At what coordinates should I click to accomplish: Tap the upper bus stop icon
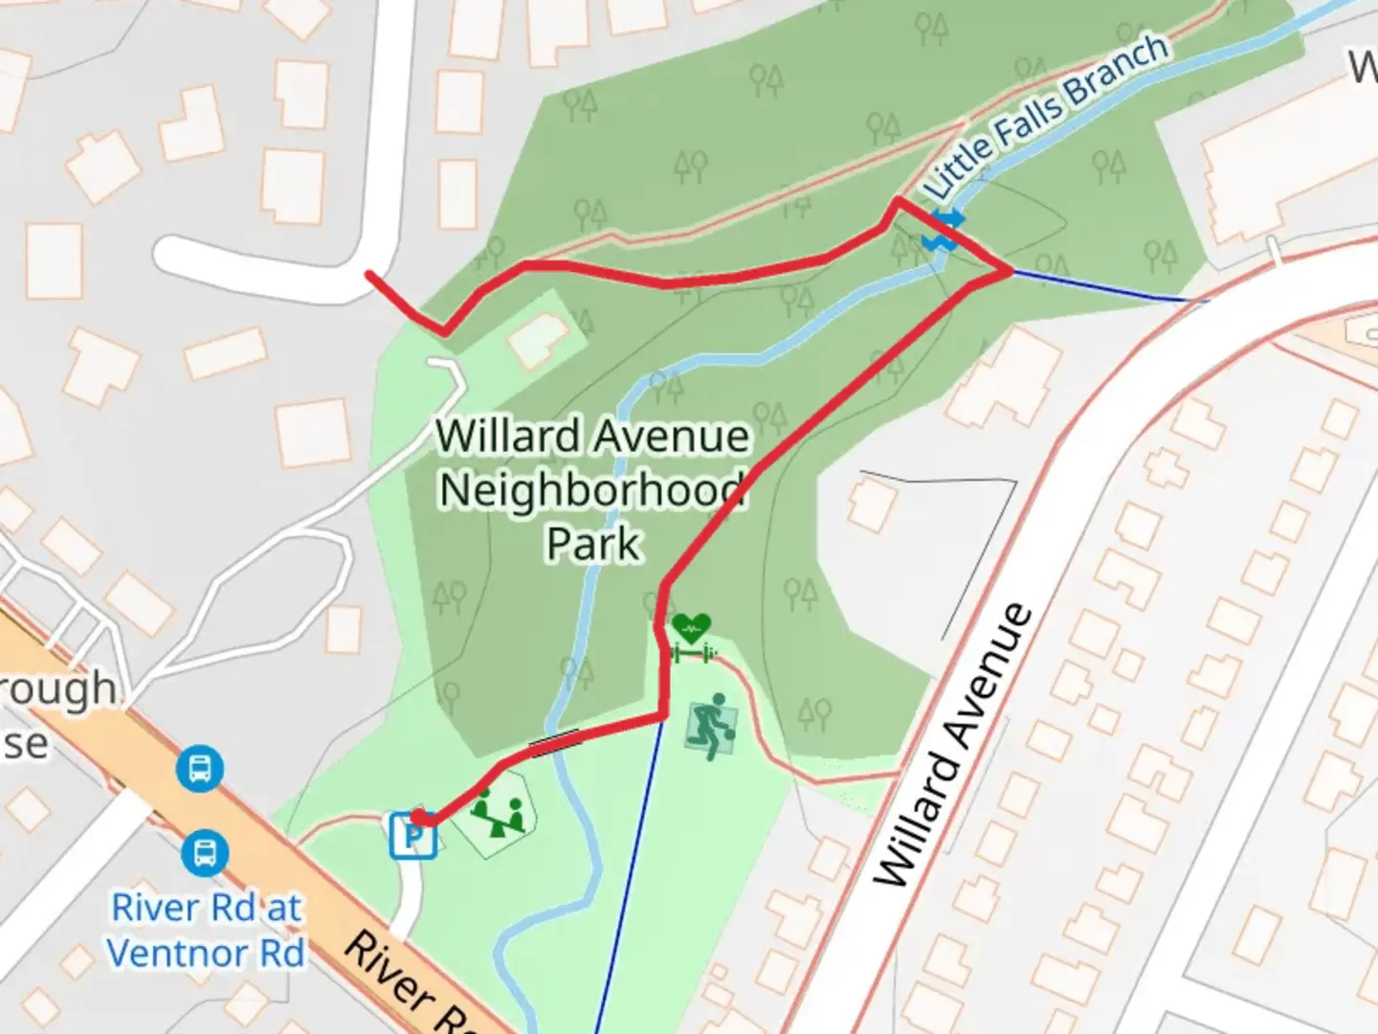[x=200, y=768]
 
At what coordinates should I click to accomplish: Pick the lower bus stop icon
[x=205, y=852]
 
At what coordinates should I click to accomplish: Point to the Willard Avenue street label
[x=953, y=747]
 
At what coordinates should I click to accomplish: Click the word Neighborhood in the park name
[x=591, y=490]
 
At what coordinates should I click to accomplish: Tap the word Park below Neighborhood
[x=592, y=544]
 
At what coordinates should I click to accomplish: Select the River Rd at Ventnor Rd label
[x=206, y=930]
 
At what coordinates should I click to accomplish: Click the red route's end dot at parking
[x=419, y=819]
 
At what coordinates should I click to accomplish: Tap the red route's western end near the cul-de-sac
[x=370, y=276]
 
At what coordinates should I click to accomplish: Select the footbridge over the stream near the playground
[x=555, y=742]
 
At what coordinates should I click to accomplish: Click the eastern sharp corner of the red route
[x=1010, y=271]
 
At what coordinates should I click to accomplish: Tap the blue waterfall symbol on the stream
[x=943, y=232]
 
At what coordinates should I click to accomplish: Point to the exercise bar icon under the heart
[x=692, y=654]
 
